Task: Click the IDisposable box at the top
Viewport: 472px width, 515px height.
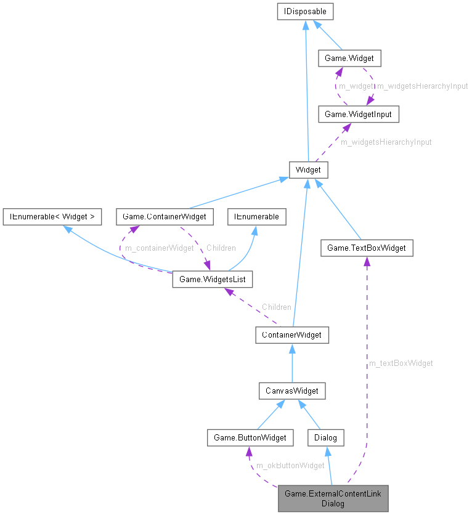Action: click(x=306, y=11)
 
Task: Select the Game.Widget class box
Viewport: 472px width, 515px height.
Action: click(x=349, y=59)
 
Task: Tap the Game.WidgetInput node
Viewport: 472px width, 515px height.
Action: click(x=358, y=114)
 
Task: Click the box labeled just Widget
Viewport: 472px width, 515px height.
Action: click(x=308, y=169)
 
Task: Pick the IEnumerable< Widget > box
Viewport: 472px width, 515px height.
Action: click(x=51, y=216)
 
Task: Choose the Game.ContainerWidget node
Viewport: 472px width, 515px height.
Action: click(x=165, y=216)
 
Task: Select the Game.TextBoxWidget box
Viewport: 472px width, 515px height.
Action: click(x=366, y=248)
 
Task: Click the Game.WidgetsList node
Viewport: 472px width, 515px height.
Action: click(x=212, y=280)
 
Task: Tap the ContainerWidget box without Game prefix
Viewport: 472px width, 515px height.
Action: click(x=292, y=335)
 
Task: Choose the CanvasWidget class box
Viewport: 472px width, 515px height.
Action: click(x=291, y=391)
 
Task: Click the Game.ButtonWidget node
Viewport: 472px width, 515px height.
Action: click(x=250, y=437)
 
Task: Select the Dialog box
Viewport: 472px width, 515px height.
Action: click(x=325, y=437)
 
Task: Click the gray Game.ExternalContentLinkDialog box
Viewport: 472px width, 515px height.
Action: click(x=333, y=498)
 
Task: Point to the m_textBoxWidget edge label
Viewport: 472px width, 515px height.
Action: click(x=401, y=363)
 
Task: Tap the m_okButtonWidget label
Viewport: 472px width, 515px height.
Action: click(x=290, y=465)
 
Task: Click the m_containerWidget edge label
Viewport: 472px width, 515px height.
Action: click(x=159, y=248)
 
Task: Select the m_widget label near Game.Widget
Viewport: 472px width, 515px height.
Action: click(x=356, y=86)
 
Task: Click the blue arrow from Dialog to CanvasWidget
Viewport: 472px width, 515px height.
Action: click(x=311, y=415)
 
